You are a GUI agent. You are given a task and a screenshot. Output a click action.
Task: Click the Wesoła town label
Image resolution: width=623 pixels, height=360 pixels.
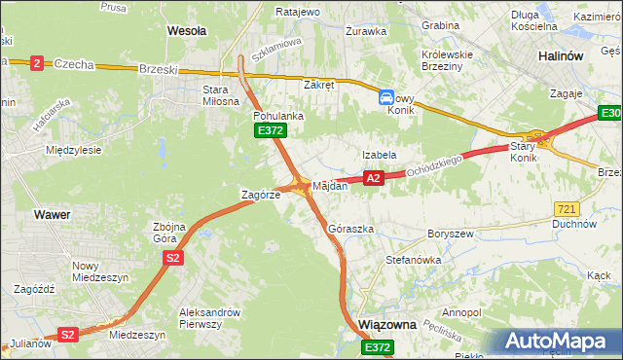click(187, 30)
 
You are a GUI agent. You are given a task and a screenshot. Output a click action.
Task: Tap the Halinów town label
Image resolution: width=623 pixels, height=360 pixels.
click(561, 56)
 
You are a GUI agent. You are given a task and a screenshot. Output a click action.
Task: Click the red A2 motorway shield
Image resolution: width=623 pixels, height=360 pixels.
click(373, 178)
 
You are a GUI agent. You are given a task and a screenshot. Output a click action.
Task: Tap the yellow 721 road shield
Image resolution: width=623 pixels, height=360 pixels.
click(567, 209)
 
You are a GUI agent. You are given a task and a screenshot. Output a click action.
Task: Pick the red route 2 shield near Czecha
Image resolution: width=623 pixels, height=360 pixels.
click(37, 62)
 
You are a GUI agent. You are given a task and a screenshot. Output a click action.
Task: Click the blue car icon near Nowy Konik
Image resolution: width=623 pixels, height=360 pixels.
click(386, 97)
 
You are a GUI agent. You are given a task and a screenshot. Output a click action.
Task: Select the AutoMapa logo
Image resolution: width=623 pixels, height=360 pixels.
click(556, 342)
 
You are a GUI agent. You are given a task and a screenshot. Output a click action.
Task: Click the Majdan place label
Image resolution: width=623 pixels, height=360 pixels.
click(330, 186)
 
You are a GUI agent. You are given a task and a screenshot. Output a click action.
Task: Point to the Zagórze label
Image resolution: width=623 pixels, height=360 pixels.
click(261, 195)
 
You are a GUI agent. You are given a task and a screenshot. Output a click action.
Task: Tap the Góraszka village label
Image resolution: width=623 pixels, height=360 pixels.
click(351, 229)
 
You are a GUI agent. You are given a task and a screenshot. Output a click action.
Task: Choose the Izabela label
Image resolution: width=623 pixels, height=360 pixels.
click(379, 155)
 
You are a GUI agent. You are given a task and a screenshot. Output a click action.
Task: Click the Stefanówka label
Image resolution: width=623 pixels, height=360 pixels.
click(414, 260)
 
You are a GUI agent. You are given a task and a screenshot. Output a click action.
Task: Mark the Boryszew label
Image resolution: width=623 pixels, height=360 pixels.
click(450, 234)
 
